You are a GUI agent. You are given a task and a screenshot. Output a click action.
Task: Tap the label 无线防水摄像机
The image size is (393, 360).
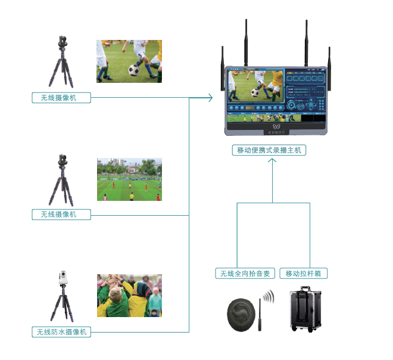[62, 332]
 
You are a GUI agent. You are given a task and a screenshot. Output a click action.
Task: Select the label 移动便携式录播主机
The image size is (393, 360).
[269, 150]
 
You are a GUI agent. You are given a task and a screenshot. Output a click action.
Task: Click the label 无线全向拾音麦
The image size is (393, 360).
[245, 274]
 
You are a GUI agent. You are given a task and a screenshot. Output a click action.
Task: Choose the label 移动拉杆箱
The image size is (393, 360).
[304, 274]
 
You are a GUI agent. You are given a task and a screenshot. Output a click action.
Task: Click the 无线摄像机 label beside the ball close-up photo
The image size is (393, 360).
[62, 98]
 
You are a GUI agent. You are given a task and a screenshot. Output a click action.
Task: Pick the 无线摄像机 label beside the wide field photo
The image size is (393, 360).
[62, 214]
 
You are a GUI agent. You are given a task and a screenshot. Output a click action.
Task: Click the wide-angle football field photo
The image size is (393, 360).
[129, 179]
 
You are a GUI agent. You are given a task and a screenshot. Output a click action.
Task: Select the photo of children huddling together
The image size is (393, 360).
[129, 296]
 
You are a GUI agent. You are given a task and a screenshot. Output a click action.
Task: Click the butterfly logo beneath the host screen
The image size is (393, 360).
[275, 126]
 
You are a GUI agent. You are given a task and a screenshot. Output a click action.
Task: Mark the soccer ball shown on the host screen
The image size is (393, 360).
[254, 92]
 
